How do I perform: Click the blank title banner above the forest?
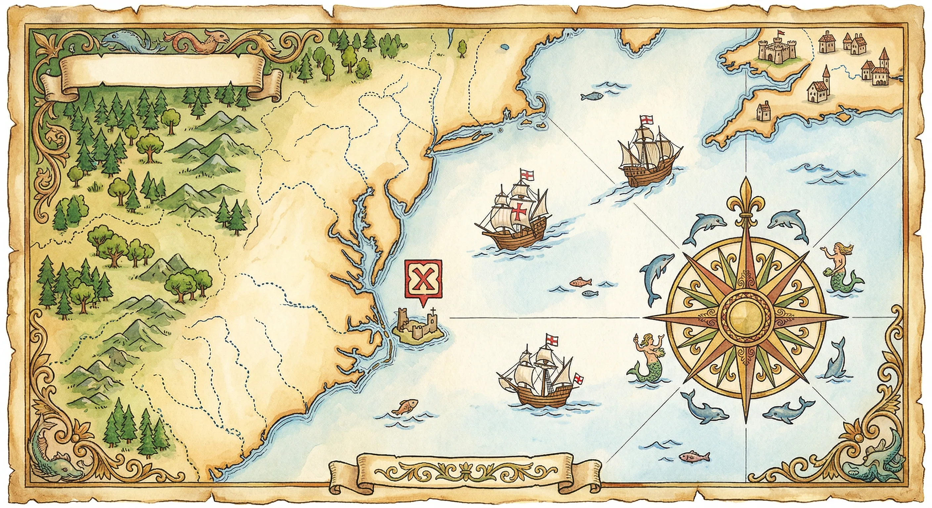point(161,74)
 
